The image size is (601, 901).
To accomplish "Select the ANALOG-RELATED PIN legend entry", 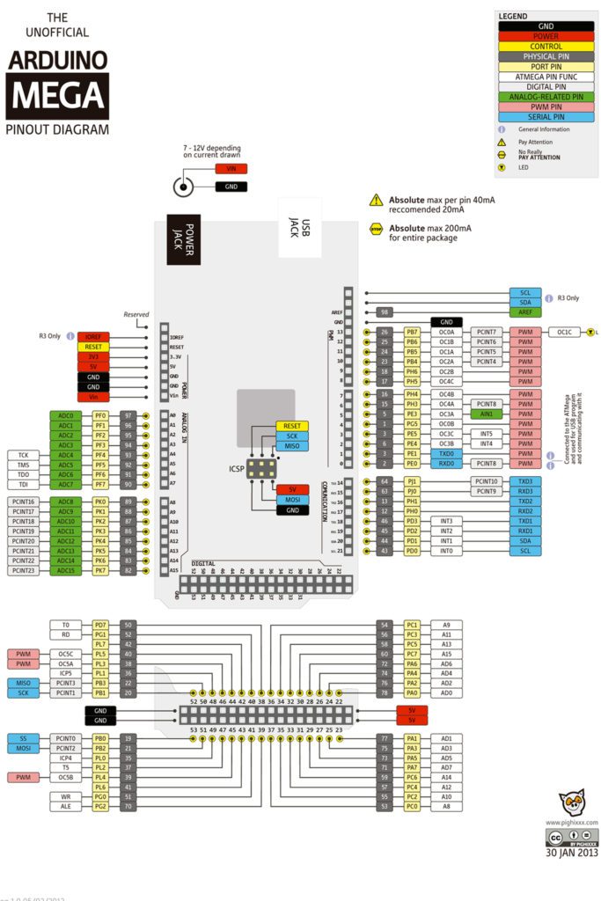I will click(539, 97).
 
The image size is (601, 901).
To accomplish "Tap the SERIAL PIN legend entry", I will click(539, 116).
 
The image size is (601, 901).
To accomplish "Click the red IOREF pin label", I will click(93, 337).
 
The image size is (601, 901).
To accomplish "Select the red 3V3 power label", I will click(93, 357).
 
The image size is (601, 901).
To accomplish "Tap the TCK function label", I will click(23, 455).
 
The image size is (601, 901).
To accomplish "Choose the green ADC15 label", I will click(65, 571).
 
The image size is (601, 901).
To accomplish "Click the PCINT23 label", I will click(23, 571).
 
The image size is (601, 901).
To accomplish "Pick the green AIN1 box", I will click(487, 413).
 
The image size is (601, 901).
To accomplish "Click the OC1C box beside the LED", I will click(565, 333).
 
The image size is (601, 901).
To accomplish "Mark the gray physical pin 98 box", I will click(385, 312).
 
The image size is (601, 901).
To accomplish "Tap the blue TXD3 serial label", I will click(525, 481).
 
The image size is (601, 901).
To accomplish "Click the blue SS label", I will click(23, 738).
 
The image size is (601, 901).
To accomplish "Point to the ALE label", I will click(66, 806).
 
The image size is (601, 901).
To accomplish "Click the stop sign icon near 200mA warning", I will click(376, 227).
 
